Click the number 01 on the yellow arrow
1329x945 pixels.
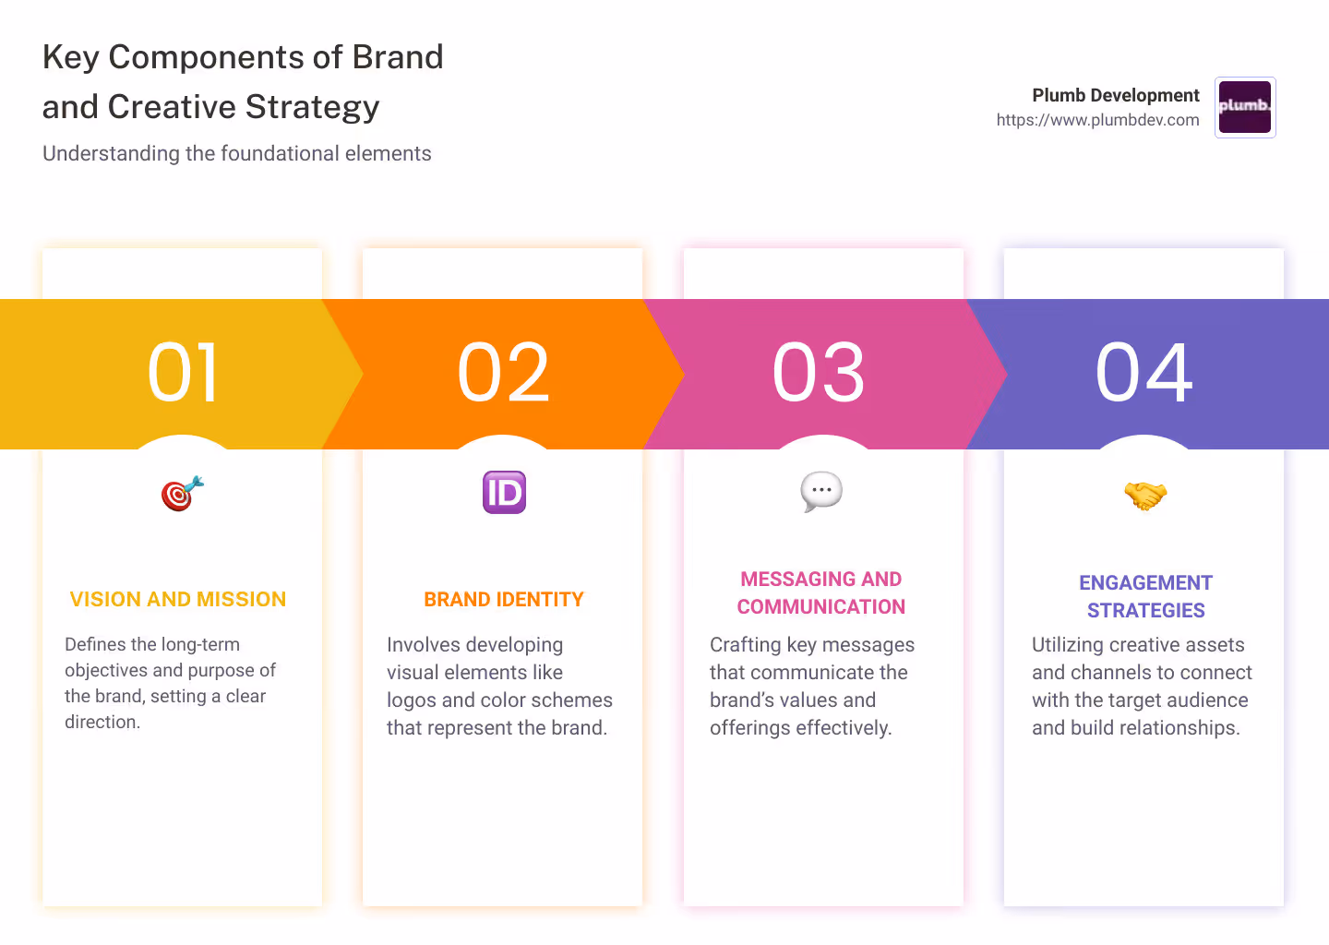(x=184, y=373)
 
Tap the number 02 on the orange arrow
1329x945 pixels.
(x=504, y=373)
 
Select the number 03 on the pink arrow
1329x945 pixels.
(x=820, y=373)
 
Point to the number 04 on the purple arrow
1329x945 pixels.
(x=1144, y=373)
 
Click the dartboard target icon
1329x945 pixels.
(x=182, y=494)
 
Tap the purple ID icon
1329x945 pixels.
(x=504, y=493)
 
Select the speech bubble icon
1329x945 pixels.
(x=821, y=491)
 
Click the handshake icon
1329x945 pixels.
(x=1145, y=496)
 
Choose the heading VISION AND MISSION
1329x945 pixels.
(x=178, y=600)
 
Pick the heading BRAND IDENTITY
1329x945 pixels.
(x=504, y=600)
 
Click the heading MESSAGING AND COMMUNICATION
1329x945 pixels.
(x=821, y=593)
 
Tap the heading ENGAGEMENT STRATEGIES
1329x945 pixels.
(x=1145, y=597)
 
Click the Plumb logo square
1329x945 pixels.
(x=1245, y=107)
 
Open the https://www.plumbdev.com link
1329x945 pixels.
(x=1097, y=120)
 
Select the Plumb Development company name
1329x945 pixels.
(x=1115, y=95)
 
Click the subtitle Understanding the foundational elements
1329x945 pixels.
(x=237, y=153)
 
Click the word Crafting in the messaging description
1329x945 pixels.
(x=745, y=645)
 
